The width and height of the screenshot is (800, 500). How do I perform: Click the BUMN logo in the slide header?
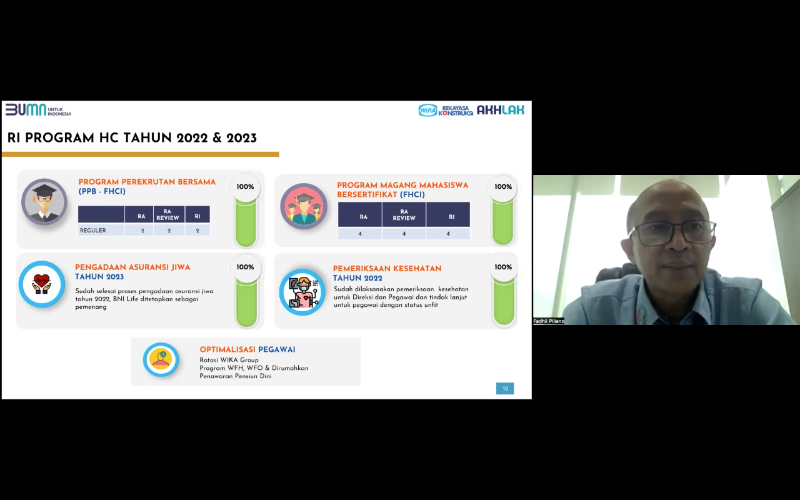tap(38, 110)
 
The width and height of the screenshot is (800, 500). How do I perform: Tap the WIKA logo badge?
tap(427, 111)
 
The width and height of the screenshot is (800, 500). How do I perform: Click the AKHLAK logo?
tap(501, 110)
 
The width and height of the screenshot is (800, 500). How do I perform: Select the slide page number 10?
tap(505, 389)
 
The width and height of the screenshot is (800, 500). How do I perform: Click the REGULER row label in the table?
tap(93, 231)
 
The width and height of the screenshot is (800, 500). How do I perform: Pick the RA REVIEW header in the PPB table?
tap(168, 214)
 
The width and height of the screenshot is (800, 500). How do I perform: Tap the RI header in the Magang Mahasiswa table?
tap(452, 217)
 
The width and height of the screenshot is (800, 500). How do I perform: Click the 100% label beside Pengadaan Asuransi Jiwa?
tap(245, 267)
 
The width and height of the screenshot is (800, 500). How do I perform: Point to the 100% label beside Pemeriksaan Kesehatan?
tap(503, 267)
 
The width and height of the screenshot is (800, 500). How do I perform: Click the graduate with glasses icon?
tap(44, 202)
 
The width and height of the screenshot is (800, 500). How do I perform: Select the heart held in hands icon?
tap(42, 284)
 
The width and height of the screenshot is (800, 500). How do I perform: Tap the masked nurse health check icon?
tap(302, 292)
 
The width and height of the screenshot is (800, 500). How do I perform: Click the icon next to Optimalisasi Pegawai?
tap(161, 359)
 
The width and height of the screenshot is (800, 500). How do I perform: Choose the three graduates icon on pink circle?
tap(304, 206)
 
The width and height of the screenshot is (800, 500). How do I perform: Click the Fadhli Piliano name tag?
tap(549, 321)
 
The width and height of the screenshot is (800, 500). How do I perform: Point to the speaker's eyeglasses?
tap(671, 233)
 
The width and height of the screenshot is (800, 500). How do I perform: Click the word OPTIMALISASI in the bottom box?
tap(227, 349)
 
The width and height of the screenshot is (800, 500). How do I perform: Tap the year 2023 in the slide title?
tap(241, 138)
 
